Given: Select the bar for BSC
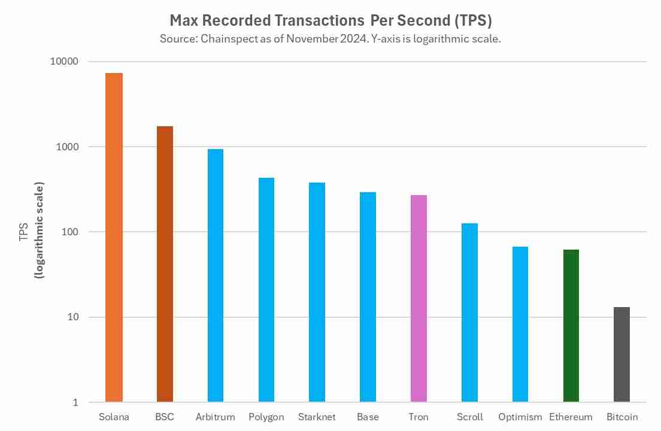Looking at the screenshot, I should pyautogui.click(x=165, y=264).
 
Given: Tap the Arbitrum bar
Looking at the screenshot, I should pyautogui.click(x=216, y=275).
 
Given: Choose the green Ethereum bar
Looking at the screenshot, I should pyautogui.click(x=571, y=326).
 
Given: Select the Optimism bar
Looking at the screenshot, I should pyautogui.click(x=520, y=324).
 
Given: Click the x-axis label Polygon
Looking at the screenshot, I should pyautogui.click(x=266, y=417).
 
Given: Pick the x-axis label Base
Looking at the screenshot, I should pyautogui.click(x=368, y=417).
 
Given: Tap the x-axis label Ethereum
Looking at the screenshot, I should pyautogui.click(x=571, y=417).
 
